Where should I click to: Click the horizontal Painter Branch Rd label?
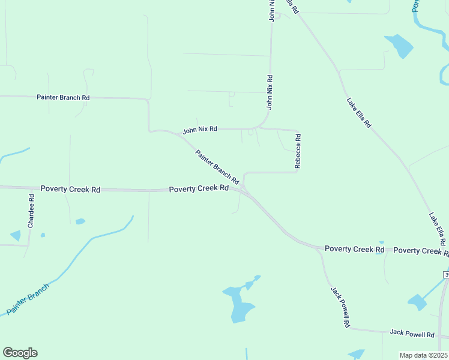click(x=63, y=97)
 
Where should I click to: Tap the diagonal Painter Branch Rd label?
click(x=217, y=167)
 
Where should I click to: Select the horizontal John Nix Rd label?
click(x=200, y=129)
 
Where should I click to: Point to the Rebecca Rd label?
click(x=297, y=151)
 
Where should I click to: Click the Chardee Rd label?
click(x=31, y=211)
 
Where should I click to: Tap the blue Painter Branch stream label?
click(x=26, y=299)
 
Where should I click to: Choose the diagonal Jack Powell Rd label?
click(x=340, y=306)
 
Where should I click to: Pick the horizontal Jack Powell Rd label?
click(x=412, y=334)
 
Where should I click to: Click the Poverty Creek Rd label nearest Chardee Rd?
click(x=70, y=189)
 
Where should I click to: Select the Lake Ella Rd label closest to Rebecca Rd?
click(x=359, y=112)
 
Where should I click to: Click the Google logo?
click(x=20, y=353)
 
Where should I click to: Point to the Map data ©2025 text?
click(x=423, y=355)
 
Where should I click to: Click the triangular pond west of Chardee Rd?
click(x=16, y=236)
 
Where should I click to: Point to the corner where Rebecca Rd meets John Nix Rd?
click(x=297, y=131)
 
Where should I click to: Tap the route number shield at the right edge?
click(x=446, y=274)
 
